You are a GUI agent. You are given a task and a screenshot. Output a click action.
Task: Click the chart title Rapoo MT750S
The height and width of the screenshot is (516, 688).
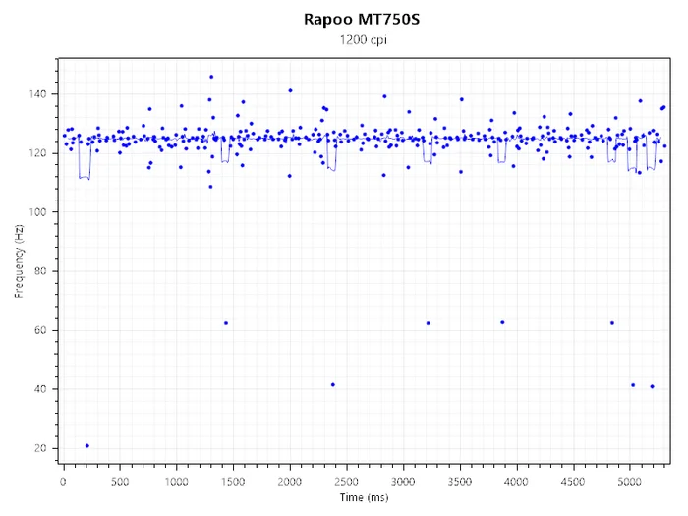362,20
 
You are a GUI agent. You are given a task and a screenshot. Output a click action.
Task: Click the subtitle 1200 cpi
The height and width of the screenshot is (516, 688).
364,40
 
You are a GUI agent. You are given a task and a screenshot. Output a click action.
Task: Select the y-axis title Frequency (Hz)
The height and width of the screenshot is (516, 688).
19,261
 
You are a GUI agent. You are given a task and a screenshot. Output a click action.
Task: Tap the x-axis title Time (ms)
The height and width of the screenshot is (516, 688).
364,497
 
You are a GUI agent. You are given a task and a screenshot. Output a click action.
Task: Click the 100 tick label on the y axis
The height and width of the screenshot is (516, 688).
37,212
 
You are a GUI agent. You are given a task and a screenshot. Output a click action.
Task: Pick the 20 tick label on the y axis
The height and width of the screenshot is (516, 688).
40,448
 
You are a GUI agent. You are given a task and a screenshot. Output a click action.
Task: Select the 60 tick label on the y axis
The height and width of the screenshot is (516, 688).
40,330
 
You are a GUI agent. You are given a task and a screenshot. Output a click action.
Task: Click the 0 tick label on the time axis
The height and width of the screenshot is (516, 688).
64,482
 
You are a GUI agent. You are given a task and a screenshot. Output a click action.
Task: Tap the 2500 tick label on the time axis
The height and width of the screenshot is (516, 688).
346,482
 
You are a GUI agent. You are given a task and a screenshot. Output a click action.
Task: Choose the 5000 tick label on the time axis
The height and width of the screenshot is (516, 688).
629,482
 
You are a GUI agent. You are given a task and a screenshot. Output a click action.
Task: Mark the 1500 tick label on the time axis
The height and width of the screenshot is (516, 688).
233,482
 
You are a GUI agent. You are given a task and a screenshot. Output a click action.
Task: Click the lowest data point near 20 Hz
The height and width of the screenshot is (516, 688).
86,446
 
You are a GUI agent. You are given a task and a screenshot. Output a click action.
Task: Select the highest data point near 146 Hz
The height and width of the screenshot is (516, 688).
211,77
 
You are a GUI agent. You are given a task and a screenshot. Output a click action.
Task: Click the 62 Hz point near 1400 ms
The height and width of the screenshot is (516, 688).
226,323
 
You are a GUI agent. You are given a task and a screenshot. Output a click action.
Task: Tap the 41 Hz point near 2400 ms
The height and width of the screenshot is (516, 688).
333,385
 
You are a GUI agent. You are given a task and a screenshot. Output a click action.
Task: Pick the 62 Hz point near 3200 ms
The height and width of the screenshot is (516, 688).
429,323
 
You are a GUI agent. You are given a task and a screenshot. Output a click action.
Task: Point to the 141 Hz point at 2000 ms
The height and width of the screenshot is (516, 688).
290,90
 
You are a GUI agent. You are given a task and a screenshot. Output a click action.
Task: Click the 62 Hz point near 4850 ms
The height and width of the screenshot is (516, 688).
612,323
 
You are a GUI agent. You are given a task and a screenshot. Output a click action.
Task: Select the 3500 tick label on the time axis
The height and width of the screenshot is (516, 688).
459,482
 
